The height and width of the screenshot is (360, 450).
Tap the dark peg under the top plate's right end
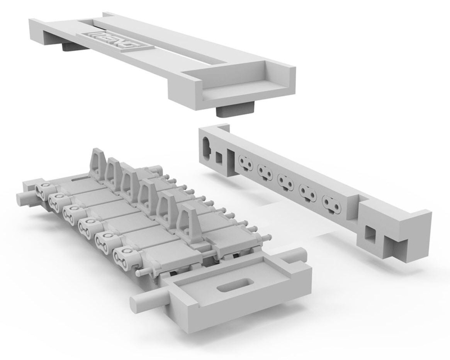click(x=236, y=111)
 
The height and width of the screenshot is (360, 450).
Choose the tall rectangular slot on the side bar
click(x=231, y=162)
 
